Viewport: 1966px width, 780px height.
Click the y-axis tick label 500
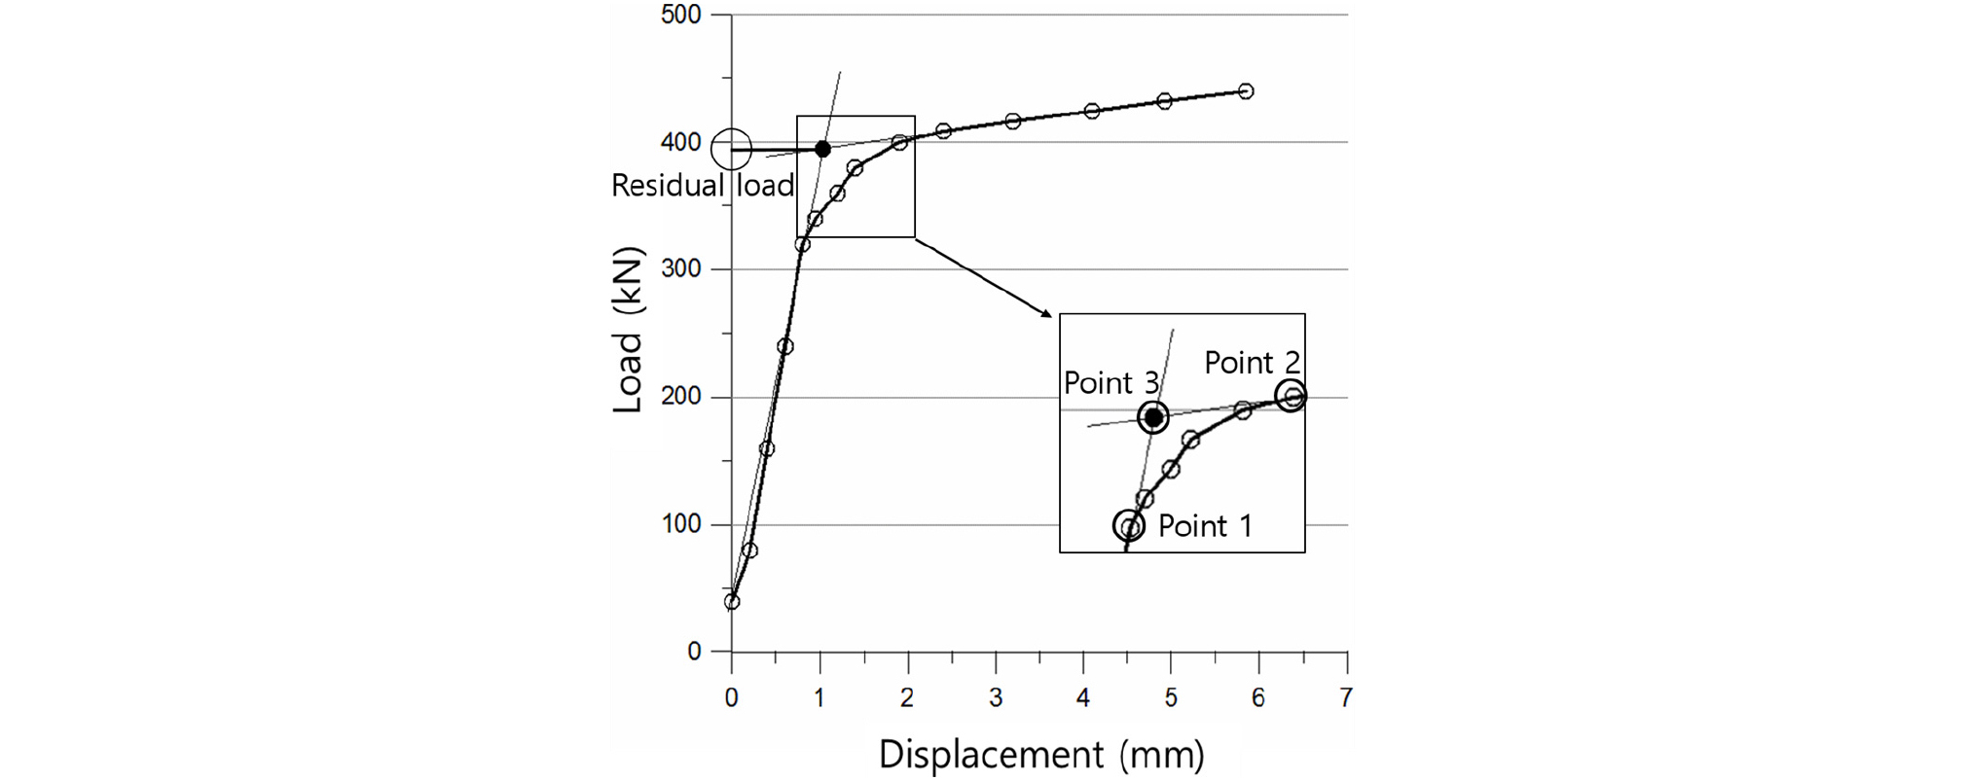680,15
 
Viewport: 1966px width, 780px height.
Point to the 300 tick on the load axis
680,269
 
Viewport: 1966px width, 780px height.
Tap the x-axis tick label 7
1346,697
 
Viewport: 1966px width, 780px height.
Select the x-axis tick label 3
995,697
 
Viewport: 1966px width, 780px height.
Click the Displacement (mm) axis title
1040,755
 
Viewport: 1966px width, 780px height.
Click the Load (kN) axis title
628,331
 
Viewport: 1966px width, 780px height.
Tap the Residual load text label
703,185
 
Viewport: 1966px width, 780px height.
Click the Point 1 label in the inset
1205,526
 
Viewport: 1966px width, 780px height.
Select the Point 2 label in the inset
1252,363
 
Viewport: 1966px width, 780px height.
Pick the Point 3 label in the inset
1110,383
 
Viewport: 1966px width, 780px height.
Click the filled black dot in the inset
1153,417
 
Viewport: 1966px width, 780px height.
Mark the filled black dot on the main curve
822,149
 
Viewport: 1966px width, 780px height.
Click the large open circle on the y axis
731,150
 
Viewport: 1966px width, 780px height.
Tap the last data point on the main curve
1245,91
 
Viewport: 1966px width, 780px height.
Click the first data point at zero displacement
732,602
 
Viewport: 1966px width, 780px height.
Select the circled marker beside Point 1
1129,526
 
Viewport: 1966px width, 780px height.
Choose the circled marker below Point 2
1291,396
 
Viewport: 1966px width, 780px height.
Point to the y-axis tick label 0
693,652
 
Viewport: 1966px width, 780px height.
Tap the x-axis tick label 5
1171,697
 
